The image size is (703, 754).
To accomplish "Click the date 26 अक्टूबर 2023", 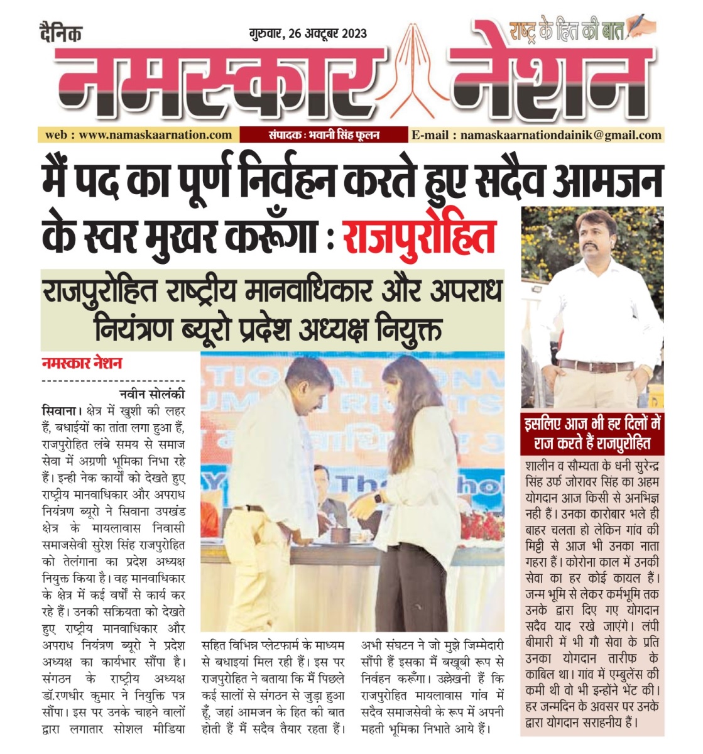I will pyautogui.click(x=327, y=33).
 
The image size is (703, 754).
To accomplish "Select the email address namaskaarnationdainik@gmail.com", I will pyautogui.click(x=561, y=134).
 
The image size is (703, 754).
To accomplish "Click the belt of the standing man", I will pyautogui.click(x=594, y=365).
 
